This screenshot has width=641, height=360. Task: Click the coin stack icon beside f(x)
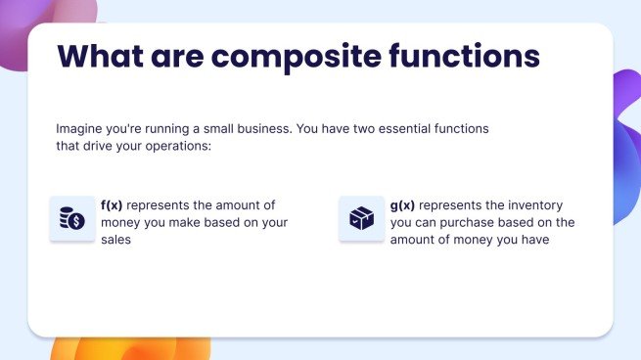tap(72, 218)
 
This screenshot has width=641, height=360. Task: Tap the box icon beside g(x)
tap(361, 218)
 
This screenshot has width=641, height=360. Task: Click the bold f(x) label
tap(112, 205)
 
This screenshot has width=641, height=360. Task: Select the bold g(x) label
tap(402, 205)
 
